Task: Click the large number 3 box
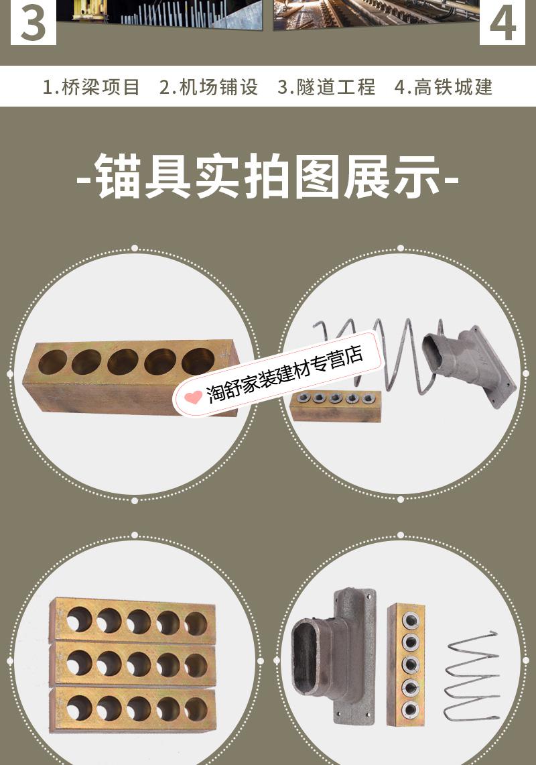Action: pos(33,21)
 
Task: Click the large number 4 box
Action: pos(503,21)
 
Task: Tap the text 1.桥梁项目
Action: pos(92,87)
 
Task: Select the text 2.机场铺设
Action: pos(208,87)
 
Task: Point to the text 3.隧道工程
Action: pos(326,87)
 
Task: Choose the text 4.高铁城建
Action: pos(444,87)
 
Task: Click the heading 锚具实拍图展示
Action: pos(268,177)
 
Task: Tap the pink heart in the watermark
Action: pos(193,397)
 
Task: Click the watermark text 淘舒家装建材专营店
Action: pos(285,375)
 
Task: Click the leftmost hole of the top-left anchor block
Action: pos(52,362)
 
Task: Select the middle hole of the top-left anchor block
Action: pos(123,362)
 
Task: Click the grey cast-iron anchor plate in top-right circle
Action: pos(469,365)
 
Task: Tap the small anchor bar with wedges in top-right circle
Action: pos(335,406)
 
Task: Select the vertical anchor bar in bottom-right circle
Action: pos(406,664)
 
